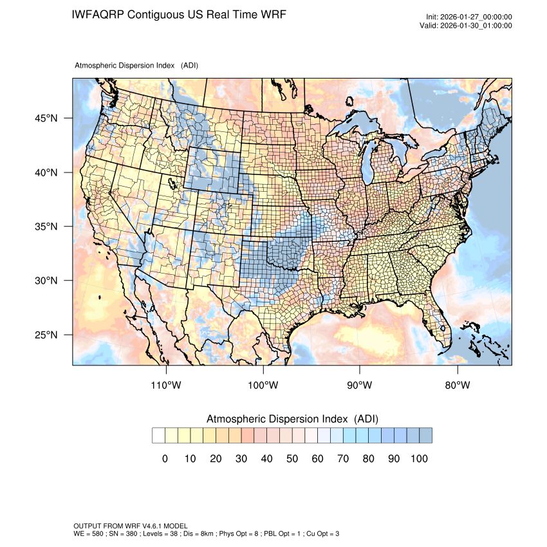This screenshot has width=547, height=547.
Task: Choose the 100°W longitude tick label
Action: coord(263,385)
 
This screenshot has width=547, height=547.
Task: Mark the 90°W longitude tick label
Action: coord(360,385)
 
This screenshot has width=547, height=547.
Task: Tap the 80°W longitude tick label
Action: coord(457,385)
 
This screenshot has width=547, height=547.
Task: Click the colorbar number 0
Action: coord(165,458)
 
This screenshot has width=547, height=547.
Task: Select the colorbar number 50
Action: coord(292,458)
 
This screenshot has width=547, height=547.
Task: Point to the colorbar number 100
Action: coord(419,458)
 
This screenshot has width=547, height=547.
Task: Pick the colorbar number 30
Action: coord(241,458)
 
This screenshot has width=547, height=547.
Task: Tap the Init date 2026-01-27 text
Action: coord(476,17)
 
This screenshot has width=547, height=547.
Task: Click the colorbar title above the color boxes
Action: coord(292,419)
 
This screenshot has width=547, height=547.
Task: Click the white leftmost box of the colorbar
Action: coord(158,436)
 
